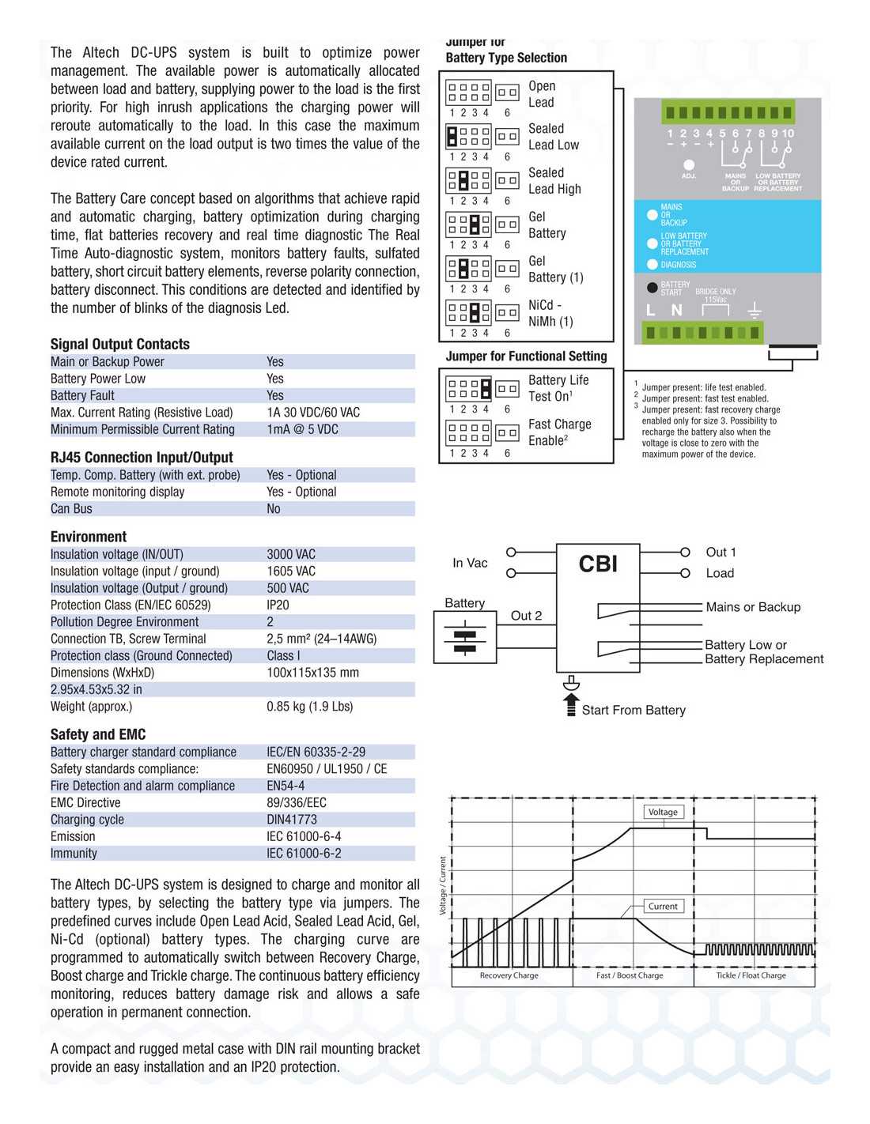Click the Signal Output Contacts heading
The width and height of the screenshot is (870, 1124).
point(119,344)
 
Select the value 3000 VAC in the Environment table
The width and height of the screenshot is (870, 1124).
point(291,554)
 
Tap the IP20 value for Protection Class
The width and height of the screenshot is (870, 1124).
point(278,605)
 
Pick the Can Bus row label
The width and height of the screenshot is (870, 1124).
point(71,508)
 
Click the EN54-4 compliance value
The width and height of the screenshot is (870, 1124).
point(286,786)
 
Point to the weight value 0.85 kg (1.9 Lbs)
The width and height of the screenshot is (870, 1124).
point(309,706)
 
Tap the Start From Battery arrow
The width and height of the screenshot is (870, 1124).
point(572,703)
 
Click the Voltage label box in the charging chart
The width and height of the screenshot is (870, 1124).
point(663,812)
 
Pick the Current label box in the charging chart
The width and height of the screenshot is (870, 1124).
point(663,906)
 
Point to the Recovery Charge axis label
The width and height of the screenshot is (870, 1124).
point(509,975)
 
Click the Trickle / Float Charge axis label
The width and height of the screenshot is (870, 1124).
point(751,975)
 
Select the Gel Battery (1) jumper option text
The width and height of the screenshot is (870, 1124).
point(555,269)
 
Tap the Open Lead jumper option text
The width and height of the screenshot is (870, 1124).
point(542,94)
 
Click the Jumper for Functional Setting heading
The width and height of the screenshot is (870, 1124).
point(526,356)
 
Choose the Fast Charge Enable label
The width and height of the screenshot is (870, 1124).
point(559,432)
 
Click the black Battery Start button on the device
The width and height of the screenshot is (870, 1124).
point(652,288)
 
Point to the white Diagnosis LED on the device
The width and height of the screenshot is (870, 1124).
point(652,265)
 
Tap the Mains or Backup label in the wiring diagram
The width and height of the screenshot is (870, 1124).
point(753,607)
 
